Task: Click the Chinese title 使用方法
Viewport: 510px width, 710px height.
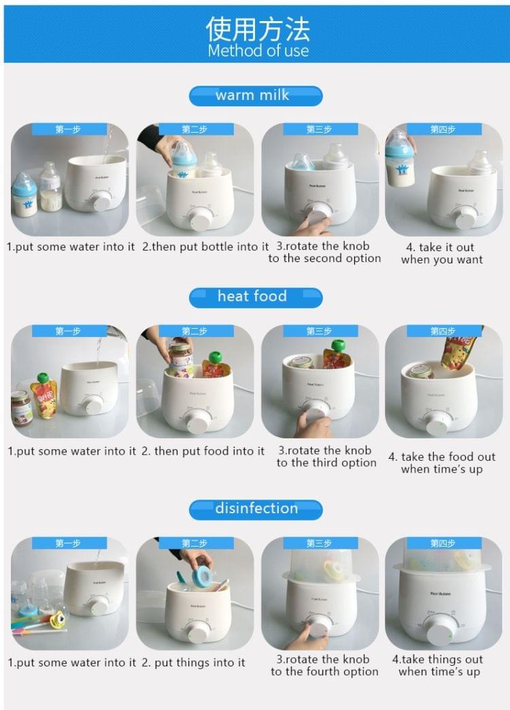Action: point(257,28)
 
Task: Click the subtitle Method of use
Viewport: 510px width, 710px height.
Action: point(258,51)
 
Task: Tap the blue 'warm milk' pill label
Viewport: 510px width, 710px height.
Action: point(255,95)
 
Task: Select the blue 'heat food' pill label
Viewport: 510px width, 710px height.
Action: point(255,297)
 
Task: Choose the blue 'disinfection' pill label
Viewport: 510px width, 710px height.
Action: point(255,509)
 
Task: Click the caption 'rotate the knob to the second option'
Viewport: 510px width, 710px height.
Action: point(324,253)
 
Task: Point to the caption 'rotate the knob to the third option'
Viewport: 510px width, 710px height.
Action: point(326,457)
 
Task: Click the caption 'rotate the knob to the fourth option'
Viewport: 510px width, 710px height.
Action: point(324,666)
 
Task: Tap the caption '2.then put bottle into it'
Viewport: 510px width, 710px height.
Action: point(205,246)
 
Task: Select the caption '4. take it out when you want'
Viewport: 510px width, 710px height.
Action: point(442,253)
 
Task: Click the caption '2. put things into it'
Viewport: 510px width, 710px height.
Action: point(193,662)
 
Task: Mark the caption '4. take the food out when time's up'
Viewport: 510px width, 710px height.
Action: point(441,463)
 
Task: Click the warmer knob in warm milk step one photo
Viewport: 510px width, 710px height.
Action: point(100,200)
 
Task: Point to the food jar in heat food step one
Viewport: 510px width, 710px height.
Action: point(21,407)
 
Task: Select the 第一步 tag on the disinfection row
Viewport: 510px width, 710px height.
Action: point(68,543)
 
